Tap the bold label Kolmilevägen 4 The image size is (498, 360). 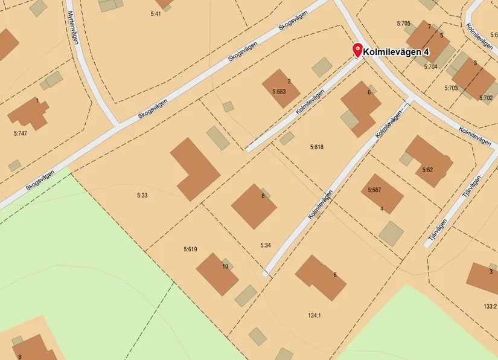396,53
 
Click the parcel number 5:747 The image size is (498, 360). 21,132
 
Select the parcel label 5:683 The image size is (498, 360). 278,92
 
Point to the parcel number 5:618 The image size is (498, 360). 317,147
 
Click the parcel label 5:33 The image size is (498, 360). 142,195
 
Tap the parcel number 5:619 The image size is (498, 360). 190,249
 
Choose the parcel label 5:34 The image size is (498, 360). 266,245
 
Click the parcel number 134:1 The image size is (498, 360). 314,315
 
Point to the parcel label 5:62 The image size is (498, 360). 427,170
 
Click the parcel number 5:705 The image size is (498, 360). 403,24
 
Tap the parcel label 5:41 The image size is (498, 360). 155,13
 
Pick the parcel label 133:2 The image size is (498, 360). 490,306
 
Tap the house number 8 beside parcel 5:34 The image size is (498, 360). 263,196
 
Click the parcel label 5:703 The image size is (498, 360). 451,88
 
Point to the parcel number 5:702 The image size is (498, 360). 486,98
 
